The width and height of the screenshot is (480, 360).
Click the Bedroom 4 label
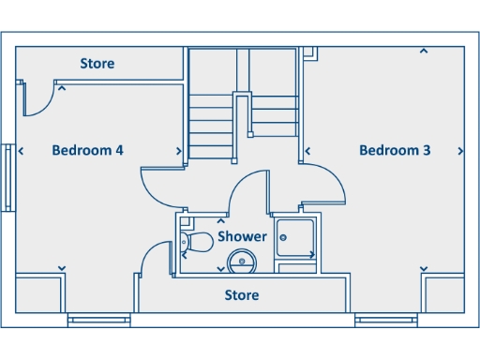coord(88,150)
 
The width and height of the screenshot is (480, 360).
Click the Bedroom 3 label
coord(395,150)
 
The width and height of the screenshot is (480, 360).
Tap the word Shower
coord(242,237)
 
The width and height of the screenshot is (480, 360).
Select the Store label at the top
coord(97,64)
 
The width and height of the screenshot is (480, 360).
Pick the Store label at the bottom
coord(241,295)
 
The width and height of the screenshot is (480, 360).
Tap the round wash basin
coord(242,262)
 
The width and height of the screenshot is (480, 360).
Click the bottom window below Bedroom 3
coord(386,321)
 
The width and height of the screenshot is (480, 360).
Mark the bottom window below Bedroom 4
coord(98,321)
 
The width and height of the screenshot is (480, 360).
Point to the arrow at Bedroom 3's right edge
coord(459,150)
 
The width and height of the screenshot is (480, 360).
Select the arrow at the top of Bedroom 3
coord(424,51)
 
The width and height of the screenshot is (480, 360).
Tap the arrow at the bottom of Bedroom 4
coord(62,269)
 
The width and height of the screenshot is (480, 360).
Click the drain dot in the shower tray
coord(310,254)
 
